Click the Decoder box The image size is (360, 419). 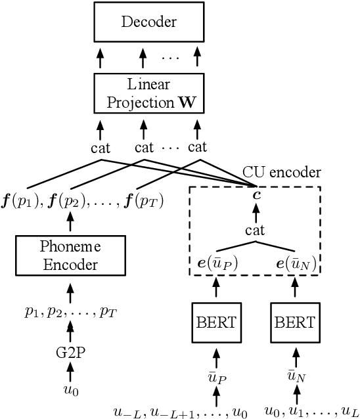(x=149, y=22)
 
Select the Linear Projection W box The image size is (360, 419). (x=149, y=94)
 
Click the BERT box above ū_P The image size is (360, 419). (x=217, y=324)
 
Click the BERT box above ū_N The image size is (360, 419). (x=293, y=324)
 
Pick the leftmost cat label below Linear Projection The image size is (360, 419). (x=100, y=148)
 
